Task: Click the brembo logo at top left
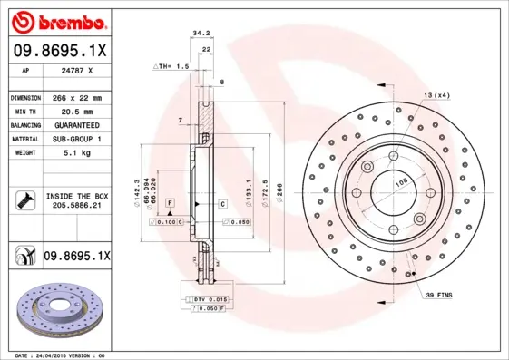(x=56, y=20)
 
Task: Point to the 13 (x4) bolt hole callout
(x=436, y=95)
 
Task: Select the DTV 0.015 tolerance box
(x=209, y=297)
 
